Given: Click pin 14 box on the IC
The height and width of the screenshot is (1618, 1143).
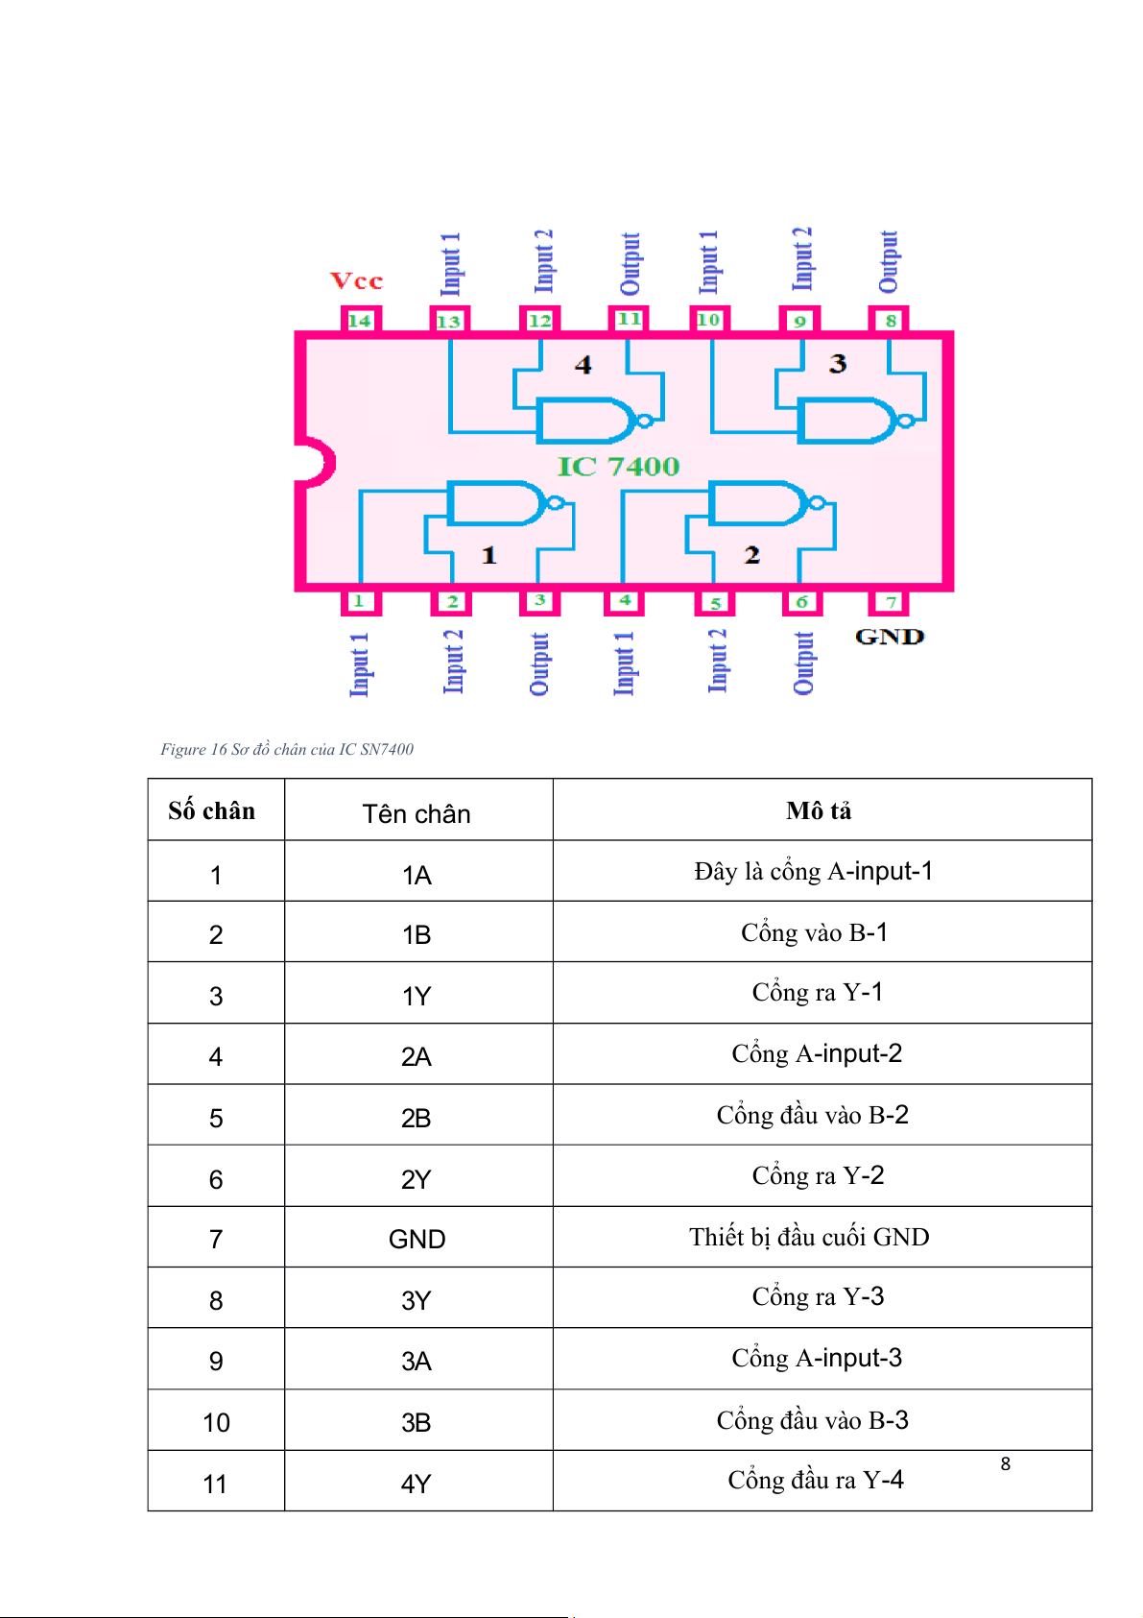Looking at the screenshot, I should pyautogui.click(x=360, y=320).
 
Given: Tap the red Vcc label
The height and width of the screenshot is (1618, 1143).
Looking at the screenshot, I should pyautogui.click(x=356, y=281).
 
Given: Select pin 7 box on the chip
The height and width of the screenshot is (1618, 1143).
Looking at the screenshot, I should pyautogui.click(x=890, y=602).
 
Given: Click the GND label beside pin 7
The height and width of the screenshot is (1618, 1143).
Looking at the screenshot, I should pyautogui.click(x=889, y=637).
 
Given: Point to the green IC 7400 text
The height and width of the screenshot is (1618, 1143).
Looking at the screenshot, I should pyautogui.click(x=618, y=467).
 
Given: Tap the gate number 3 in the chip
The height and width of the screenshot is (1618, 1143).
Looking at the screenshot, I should pyautogui.click(x=838, y=364).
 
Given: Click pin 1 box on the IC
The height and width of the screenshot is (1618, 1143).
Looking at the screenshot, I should pyautogui.click(x=360, y=602).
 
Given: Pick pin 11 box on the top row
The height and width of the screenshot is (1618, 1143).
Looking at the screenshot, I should pyautogui.click(x=629, y=319).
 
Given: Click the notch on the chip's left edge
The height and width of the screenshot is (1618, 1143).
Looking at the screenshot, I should pyautogui.click(x=315, y=463).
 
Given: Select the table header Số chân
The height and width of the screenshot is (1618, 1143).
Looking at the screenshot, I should pyautogui.click(x=212, y=811).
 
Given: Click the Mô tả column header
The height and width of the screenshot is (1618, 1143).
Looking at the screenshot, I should pyautogui.click(x=819, y=811).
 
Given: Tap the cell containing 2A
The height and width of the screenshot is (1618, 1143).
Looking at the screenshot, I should pyautogui.click(x=417, y=1056).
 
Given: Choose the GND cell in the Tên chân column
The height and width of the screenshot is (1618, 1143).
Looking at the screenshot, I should pyautogui.click(x=417, y=1239).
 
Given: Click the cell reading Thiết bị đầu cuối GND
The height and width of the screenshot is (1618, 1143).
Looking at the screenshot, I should pyautogui.click(x=809, y=1237).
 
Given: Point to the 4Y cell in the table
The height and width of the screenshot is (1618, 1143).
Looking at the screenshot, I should pyautogui.click(x=417, y=1484).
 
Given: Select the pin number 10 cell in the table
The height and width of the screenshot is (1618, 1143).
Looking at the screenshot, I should pyautogui.click(x=216, y=1422).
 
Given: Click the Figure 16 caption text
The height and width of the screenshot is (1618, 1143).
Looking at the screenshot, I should pyautogui.click(x=287, y=749).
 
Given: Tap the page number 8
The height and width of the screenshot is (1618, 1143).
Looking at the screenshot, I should pyautogui.click(x=1005, y=1463).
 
